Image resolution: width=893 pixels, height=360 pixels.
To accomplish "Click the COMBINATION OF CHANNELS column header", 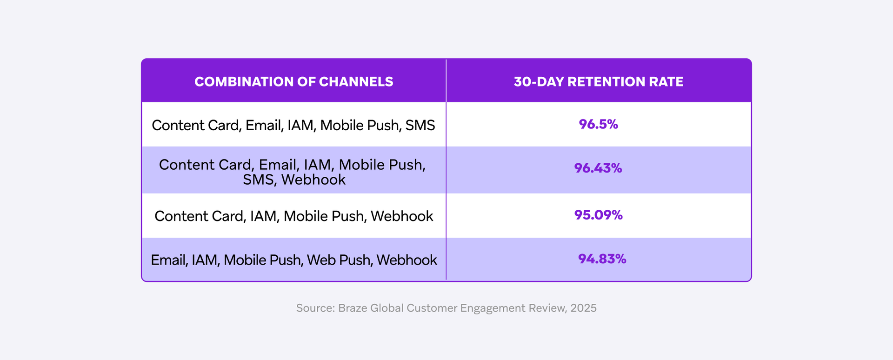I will tap(293, 82).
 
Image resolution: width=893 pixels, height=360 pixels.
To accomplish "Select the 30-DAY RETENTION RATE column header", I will tap(598, 82).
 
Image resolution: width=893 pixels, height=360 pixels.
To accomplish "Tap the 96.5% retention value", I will tap(598, 124).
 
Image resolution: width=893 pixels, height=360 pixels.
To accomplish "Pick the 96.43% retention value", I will tap(598, 168).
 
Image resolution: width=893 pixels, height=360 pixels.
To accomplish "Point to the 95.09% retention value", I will tap(598, 215).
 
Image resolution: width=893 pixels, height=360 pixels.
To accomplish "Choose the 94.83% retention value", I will tap(602, 259).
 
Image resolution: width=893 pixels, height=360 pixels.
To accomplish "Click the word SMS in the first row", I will tap(420, 125).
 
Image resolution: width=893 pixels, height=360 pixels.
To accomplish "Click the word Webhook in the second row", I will tap(313, 180).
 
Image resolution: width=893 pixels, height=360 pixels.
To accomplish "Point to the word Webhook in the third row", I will tap(402, 216).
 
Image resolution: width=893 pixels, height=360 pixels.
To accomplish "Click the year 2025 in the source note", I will tap(583, 308).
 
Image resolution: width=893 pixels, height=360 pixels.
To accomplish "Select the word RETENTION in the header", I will tap(606, 82).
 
